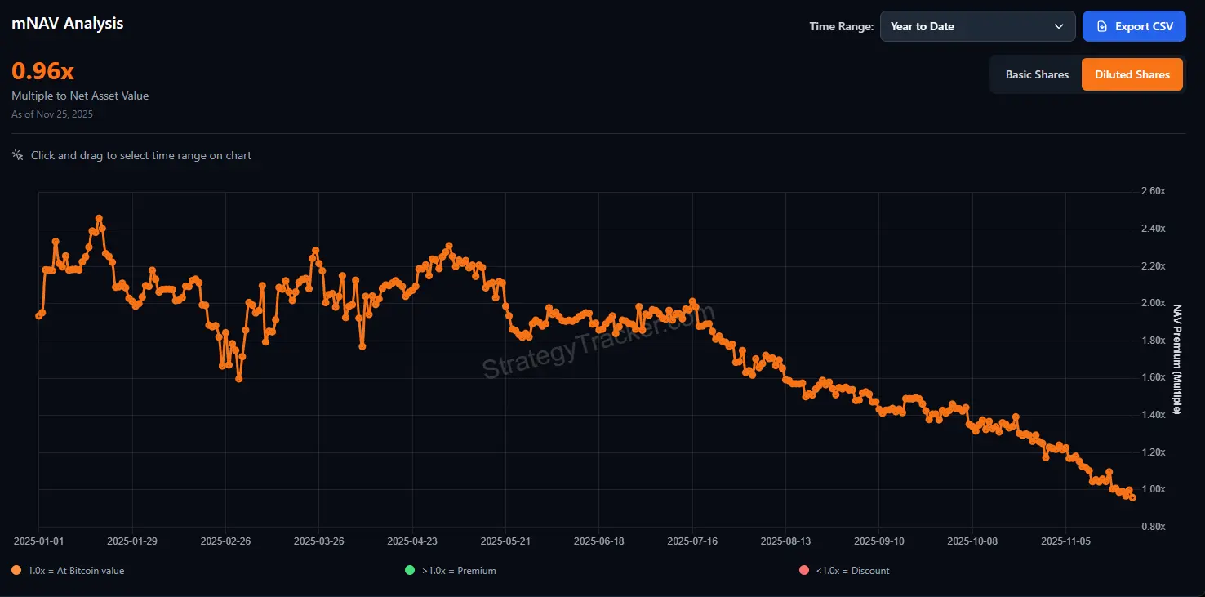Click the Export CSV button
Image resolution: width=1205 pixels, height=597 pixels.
pos(1133,26)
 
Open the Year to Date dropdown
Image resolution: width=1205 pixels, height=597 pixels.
pos(977,26)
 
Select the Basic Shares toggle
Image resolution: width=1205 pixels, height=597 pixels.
pos(1036,74)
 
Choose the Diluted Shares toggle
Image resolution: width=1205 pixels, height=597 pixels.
pos(1132,74)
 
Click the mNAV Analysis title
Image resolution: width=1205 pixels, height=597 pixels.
pos(68,23)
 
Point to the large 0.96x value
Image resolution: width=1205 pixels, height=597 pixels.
pos(42,71)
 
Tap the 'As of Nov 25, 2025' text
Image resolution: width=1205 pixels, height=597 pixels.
pos(52,114)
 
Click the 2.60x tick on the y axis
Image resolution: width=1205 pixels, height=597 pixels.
pos(1153,191)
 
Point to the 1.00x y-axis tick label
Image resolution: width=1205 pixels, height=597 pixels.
pos(1153,489)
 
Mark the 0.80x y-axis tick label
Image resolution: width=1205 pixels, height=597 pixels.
pos(1153,527)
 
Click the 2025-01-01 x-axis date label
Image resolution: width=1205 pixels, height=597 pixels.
pos(39,541)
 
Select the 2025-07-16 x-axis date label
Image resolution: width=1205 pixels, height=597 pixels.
pos(692,541)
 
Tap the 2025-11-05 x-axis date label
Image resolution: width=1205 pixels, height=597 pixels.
pos(1066,541)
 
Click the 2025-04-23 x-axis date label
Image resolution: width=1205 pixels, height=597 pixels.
pos(412,541)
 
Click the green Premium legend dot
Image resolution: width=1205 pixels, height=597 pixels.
pos(410,570)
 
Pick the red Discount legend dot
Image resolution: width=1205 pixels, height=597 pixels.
pos(804,570)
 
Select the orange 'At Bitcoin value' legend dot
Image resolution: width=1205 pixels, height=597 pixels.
pos(16,570)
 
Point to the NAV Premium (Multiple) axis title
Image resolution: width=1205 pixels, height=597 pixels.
pos(1176,359)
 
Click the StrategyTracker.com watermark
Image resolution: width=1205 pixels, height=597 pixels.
pos(598,343)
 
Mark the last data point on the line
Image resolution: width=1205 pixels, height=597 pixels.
pos(1132,497)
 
